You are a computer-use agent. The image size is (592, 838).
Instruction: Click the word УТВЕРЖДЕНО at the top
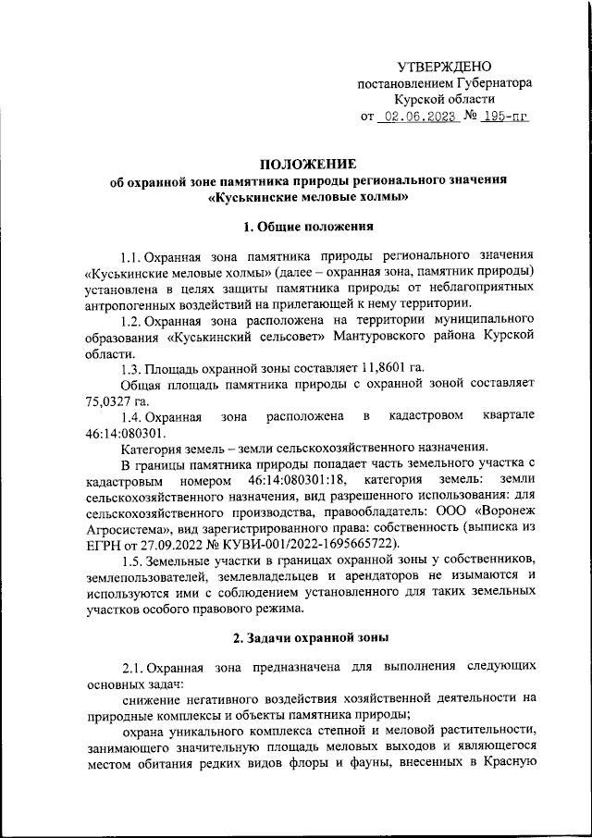pyautogui.click(x=444, y=67)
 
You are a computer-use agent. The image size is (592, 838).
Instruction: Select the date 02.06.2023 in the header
pyautogui.click(x=419, y=117)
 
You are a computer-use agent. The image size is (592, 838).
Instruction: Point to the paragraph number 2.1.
pyautogui.click(x=133, y=668)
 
